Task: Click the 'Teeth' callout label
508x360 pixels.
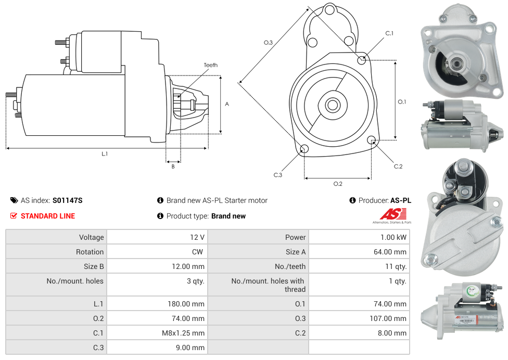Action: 210,65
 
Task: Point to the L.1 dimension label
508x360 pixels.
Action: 105,153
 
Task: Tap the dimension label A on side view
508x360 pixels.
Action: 227,104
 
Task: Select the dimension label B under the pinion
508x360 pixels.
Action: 173,166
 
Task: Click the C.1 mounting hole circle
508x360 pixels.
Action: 362,60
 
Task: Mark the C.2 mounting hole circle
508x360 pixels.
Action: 372,140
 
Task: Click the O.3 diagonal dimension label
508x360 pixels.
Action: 268,43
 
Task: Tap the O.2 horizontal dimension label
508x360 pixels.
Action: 337,184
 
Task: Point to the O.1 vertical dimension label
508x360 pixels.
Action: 402,102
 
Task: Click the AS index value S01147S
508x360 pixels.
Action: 68,200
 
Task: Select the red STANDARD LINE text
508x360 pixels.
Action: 48,216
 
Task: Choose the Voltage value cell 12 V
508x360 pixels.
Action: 197,237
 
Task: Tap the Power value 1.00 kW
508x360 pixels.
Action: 394,237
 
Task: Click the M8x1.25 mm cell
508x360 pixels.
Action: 183,333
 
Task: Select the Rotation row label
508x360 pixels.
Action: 90,252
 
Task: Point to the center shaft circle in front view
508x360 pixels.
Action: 332,105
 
